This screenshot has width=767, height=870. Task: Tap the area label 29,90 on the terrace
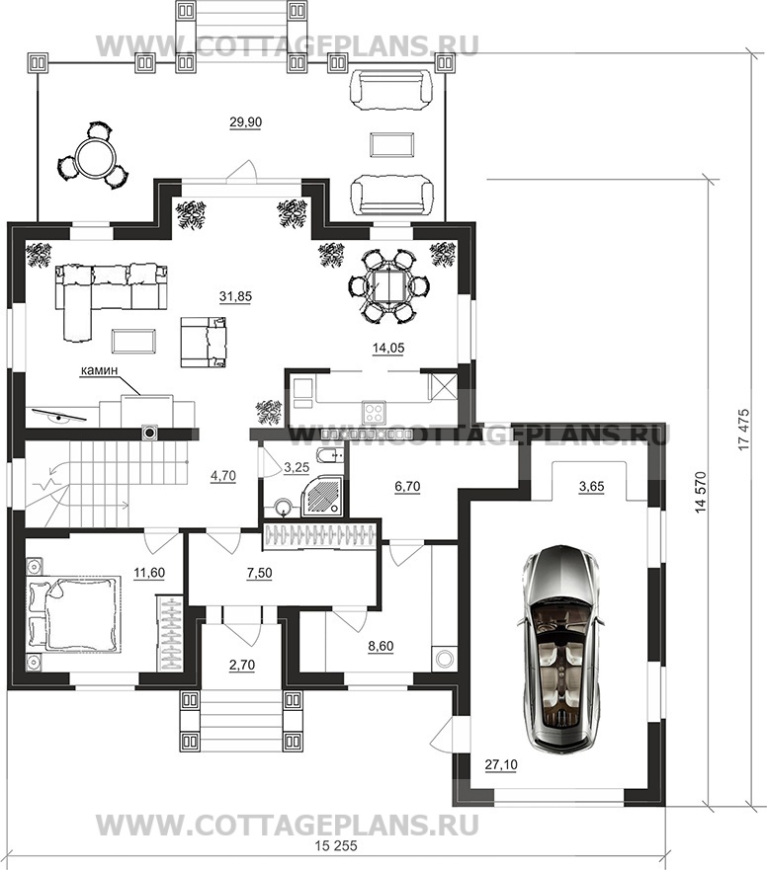point(245,122)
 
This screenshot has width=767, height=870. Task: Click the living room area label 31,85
point(235,297)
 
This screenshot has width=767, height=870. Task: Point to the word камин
point(100,370)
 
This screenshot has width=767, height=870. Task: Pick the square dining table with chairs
point(388,285)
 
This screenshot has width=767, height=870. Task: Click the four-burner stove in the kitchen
point(374,412)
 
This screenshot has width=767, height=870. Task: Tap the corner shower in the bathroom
point(322,494)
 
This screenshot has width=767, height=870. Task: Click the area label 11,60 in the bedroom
point(149,573)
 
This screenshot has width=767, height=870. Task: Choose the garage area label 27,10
point(501,764)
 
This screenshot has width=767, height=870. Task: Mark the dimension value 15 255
point(336,846)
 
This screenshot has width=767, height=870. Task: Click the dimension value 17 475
point(744,431)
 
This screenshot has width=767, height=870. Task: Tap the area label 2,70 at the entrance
point(242,665)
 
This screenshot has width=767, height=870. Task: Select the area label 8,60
point(381,646)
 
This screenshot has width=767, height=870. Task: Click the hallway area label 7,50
point(259,573)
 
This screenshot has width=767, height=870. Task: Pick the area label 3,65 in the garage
point(591,487)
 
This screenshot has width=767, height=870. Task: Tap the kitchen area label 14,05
point(388,348)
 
